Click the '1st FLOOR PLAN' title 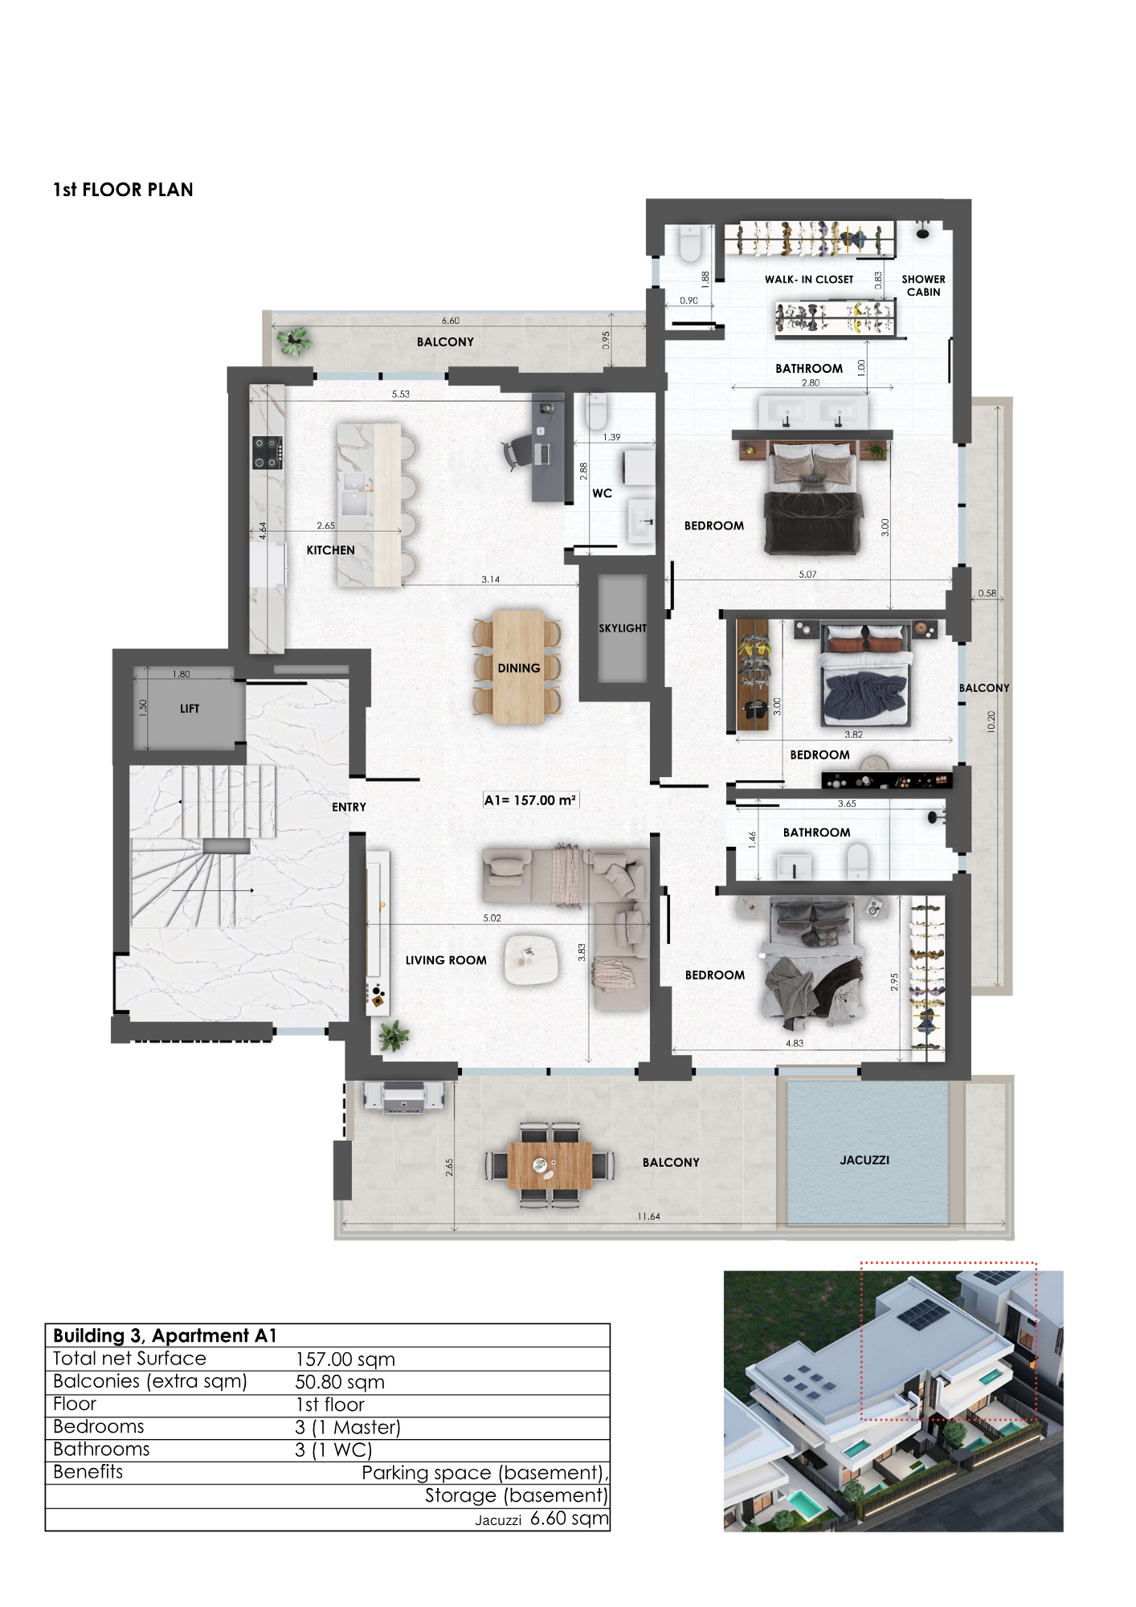tap(123, 190)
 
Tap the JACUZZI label tap(864, 1160)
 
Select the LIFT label tap(190, 709)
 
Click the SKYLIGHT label tap(623, 628)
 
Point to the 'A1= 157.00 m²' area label tap(530, 800)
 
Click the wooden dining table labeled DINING tap(519, 668)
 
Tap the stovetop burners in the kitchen tap(268, 452)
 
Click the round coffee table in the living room tap(531, 960)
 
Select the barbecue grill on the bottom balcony tap(403, 1097)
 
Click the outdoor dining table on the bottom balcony tap(550, 1165)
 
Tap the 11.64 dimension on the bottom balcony tap(648, 1216)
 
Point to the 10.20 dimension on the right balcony tap(991, 722)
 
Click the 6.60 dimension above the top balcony tap(450, 321)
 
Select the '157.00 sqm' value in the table tap(345, 1360)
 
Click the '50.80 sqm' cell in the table tap(340, 1382)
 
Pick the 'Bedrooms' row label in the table tap(99, 1427)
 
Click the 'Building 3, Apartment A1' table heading tap(165, 1335)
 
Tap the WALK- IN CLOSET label tap(809, 280)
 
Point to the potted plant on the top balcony tap(294, 341)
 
